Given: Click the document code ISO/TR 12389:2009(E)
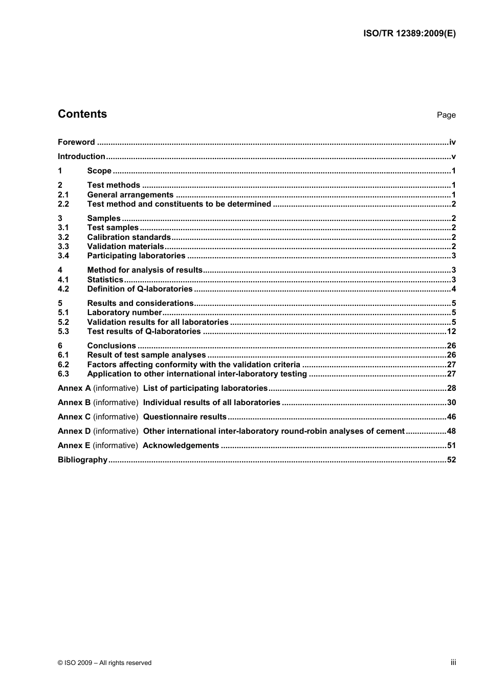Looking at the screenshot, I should pyautogui.click(x=409, y=34).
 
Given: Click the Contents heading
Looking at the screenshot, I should pyautogui.click(x=82, y=114).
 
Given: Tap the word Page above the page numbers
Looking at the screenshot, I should pyautogui.click(x=446, y=115).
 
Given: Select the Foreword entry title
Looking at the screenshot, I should pyautogui.click(x=76, y=142).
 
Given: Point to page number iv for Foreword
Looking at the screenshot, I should pyautogui.click(x=452, y=142).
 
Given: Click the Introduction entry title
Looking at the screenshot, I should pyautogui.click(x=81, y=157).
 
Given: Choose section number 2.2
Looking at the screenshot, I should pyautogui.click(x=63, y=204).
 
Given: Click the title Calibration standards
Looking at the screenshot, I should pyautogui.click(x=129, y=237).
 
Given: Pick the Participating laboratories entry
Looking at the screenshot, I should pyautogui.click(x=136, y=256).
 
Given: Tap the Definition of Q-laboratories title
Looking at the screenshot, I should pyautogui.click(x=140, y=289).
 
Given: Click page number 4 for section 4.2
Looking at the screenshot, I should pyautogui.click(x=454, y=289).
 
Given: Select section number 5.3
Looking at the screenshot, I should pyautogui.click(x=63, y=331).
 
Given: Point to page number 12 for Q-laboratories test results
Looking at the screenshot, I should pyautogui.click(x=451, y=331).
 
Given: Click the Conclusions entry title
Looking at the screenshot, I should pyautogui.click(x=112, y=346).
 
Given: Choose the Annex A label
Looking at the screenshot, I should pyautogui.click(x=74, y=388).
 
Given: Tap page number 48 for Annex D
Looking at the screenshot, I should pyautogui.click(x=451, y=431).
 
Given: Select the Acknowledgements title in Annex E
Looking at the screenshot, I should pyautogui.click(x=181, y=446).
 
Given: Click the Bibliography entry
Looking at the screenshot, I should pyautogui.click(x=82, y=460).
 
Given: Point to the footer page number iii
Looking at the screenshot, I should pyautogui.click(x=453, y=662).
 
